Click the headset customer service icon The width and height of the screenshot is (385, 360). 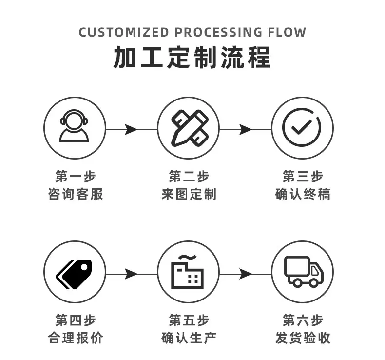(x=74, y=127)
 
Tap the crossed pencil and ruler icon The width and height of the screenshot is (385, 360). (x=188, y=127)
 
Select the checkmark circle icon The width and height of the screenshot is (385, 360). (x=302, y=127)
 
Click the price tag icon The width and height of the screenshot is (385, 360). (x=74, y=272)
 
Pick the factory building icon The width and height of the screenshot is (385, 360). (x=188, y=272)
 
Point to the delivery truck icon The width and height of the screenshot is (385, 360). (x=302, y=272)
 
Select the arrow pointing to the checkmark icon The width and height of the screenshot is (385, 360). (x=245, y=130)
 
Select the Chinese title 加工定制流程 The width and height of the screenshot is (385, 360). (x=192, y=58)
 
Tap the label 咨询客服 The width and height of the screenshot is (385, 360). (x=75, y=194)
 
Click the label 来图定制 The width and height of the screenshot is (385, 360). (x=189, y=194)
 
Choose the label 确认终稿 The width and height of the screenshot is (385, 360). (x=303, y=194)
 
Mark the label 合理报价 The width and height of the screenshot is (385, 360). (x=75, y=338)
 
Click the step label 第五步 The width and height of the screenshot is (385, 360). (x=189, y=320)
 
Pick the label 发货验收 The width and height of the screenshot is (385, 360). (x=303, y=338)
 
